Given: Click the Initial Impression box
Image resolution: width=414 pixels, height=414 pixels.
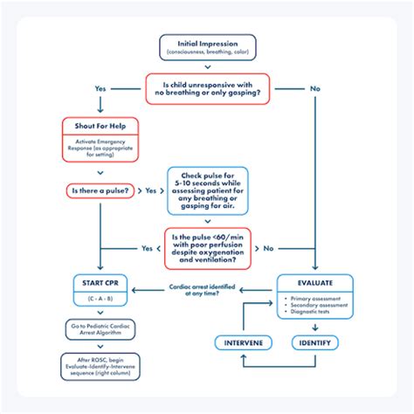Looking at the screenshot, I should [x=207, y=48].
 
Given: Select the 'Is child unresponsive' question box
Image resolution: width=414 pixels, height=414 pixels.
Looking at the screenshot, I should [x=207, y=88].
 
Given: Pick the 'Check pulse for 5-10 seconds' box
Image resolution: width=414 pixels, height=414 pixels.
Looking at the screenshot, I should [x=207, y=190].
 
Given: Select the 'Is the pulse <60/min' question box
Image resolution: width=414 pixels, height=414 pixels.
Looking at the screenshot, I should [x=207, y=247].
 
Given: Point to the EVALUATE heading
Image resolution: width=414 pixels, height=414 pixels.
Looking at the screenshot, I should [x=315, y=283].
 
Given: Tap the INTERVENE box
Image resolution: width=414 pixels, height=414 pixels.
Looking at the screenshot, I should [x=245, y=342].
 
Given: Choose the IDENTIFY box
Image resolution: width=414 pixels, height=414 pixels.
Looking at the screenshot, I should [x=315, y=342].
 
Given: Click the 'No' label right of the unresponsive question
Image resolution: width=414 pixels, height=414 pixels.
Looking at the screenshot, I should [x=314, y=88].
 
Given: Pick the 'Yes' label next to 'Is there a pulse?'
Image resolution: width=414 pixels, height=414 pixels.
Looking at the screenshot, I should [x=150, y=190].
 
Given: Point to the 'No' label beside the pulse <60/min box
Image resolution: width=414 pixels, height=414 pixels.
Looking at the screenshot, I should [x=269, y=247].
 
